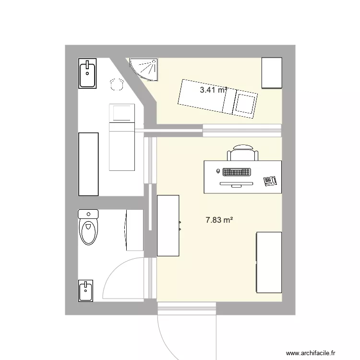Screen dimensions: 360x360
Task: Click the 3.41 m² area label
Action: click(213, 90)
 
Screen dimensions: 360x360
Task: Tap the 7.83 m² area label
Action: click(219, 220)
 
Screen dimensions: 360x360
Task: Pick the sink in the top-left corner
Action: click(88, 73)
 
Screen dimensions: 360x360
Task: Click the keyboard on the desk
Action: click(236, 171)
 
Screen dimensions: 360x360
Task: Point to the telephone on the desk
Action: click(270, 180)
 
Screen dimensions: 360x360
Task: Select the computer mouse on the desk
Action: click(218, 171)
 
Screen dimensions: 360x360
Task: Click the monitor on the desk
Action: click(236, 184)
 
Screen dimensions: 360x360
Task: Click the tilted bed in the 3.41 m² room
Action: click(217, 98)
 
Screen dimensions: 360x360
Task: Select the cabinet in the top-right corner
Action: click(271, 73)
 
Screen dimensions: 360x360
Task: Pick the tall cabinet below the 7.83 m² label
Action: click(269, 262)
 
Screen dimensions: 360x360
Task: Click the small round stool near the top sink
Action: click(116, 85)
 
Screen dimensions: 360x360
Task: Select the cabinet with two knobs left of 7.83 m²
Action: click(168, 225)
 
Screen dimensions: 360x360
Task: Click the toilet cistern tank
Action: click(88, 214)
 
